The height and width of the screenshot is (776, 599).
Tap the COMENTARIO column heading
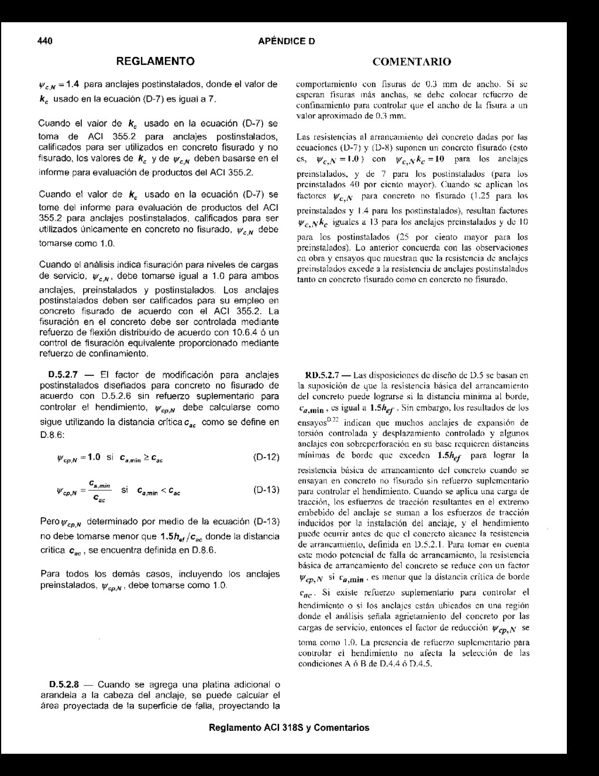click(411, 61)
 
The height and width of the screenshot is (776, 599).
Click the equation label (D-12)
click(266, 457)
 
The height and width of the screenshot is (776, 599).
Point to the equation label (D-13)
click(266, 490)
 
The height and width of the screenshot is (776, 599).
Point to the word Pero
click(49, 522)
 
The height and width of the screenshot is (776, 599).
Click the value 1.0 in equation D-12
click(93, 457)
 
